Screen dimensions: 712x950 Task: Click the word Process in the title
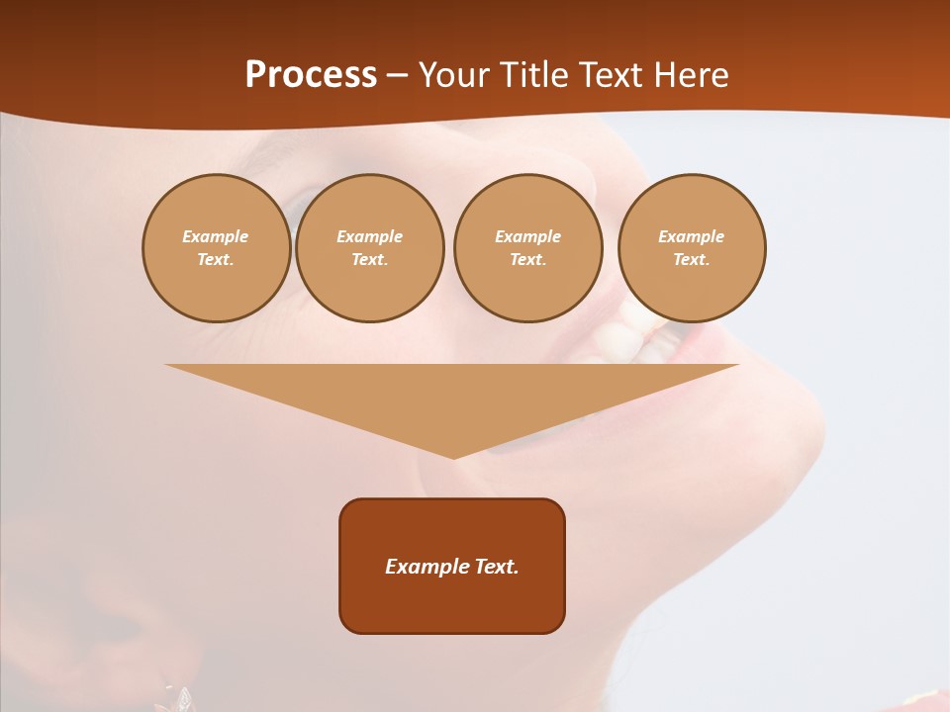(311, 75)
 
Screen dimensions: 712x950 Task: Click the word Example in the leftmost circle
(216, 236)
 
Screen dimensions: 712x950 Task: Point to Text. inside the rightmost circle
(692, 259)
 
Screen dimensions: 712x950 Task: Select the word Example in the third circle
(527, 236)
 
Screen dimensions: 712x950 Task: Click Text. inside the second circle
(370, 259)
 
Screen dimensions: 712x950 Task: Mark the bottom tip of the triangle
(453, 456)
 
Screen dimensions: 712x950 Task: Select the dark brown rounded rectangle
(452, 603)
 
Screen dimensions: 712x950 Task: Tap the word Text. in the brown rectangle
(498, 567)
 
